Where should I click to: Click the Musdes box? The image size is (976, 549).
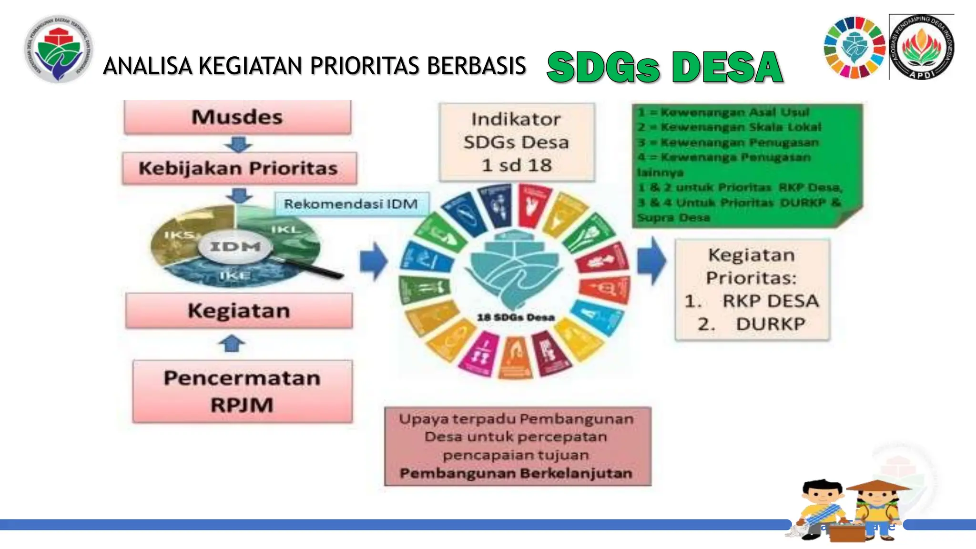(237, 117)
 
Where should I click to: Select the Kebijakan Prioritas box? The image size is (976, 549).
(239, 168)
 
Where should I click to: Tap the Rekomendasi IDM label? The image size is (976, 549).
(351, 204)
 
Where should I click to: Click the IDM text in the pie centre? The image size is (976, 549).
(235, 246)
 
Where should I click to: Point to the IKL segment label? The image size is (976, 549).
(286, 230)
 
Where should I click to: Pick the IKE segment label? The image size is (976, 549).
(235, 275)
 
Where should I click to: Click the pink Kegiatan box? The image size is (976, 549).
(239, 311)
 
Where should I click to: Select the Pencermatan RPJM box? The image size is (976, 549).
(242, 391)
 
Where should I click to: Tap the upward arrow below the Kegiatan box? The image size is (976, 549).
(232, 343)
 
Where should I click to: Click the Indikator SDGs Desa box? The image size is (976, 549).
(517, 142)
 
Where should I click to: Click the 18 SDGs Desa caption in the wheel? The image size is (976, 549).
(516, 317)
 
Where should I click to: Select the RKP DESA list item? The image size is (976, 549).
(770, 301)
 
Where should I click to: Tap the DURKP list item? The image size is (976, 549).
(770, 324)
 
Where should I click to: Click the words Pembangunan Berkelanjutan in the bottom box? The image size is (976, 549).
(516, 473)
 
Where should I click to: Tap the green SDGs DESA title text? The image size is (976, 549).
(664, 67)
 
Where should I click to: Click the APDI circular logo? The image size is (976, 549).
(922, 47)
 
